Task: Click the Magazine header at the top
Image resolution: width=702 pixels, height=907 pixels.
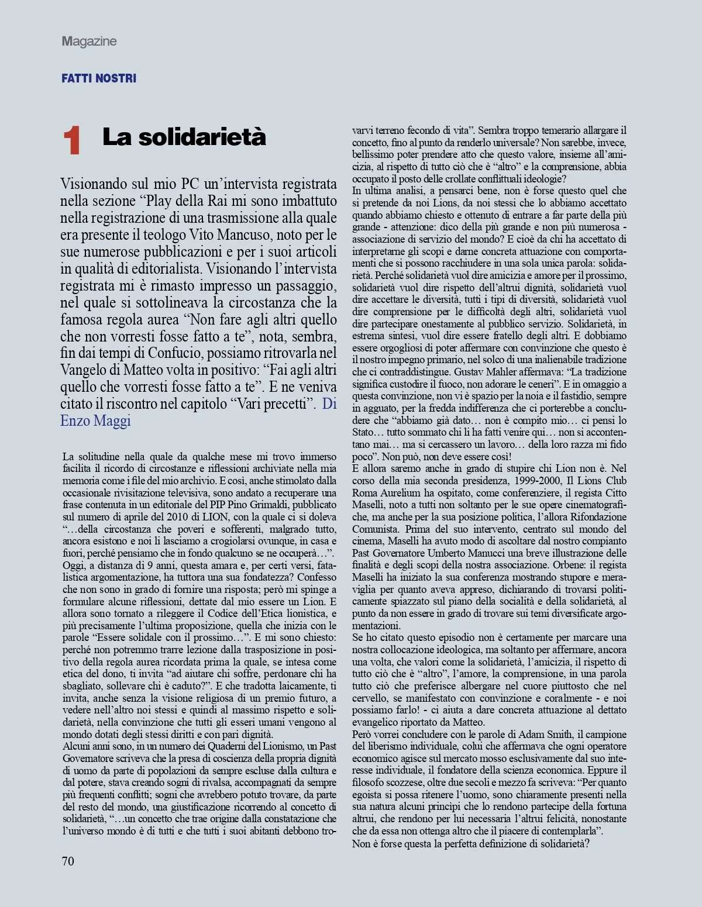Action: [x=89, y=41]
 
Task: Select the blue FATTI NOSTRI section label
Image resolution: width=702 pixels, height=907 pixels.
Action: [x=99, y=78]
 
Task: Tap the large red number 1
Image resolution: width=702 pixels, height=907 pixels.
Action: [x=71, y=141]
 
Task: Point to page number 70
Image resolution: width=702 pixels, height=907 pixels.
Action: [x=68, y=861]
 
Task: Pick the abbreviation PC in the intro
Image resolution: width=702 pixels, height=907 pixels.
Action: [x=190, y=184]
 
